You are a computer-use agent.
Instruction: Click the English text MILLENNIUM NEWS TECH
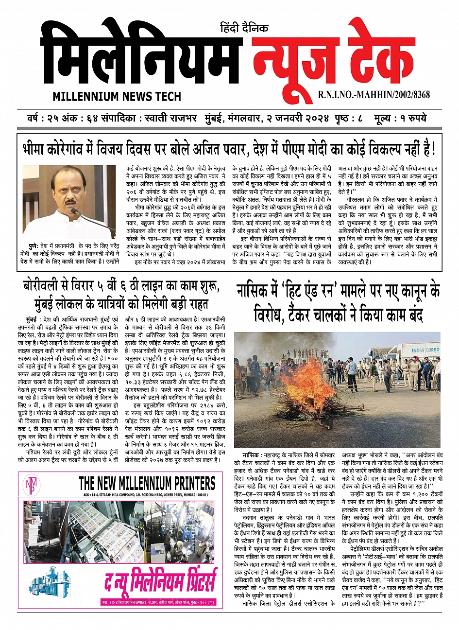click(117, 96)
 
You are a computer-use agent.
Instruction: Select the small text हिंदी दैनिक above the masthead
click(244, 28)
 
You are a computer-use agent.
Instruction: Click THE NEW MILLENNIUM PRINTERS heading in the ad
click(147, 483)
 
